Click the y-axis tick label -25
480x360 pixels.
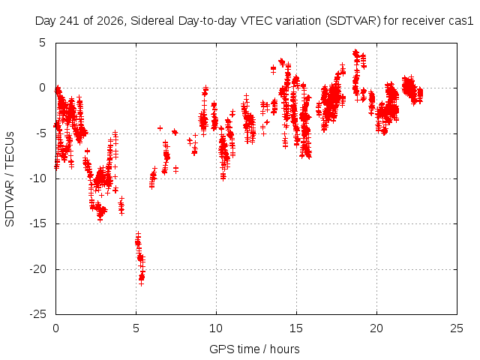pyautogui.click(x=38, y=314)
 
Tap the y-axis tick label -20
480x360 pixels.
pyautogui.click(x=38, y=269)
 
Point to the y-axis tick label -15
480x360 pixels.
pyautogui.click(x=38, y=223)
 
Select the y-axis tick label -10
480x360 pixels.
pyautogui.click(x=38, y=178)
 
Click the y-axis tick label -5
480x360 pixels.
pyautogui.click(x=40, y=133)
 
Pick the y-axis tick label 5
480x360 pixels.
pyautogui.click(x=42, y=43)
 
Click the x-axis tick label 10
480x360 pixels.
pyautogui.click(x=216, y=328)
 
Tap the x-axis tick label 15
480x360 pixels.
pyautogui.click(x=296, y=328)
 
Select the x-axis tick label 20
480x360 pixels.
pyautogui.click(x=376, y=328)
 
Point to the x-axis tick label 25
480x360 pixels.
pyautogui.click(x=457, y=328)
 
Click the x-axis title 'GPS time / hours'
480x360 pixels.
pyautogui.click(x=254, y=349)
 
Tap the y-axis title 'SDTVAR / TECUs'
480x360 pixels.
pyautogui.click(x=10, y=179)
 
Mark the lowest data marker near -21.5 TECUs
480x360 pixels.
pyautogui.click(x=141, y=283)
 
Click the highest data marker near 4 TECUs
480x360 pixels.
pyautogui.click(x=355, y=51)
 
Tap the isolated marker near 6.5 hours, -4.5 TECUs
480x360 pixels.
pyautogui.click(x=160, y=128)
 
